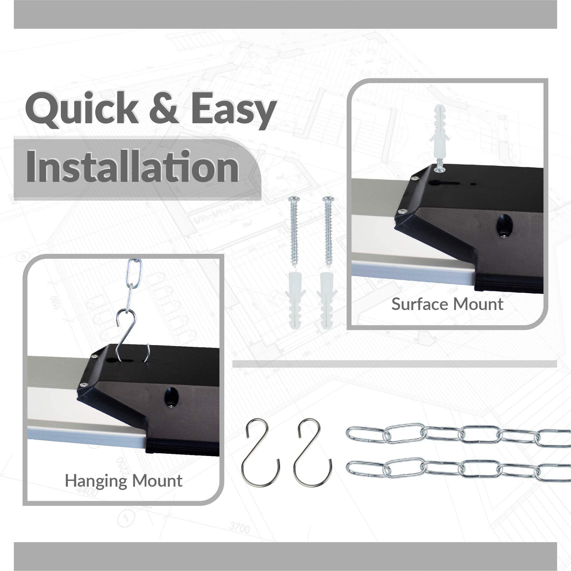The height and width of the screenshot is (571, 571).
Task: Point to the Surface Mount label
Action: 447,304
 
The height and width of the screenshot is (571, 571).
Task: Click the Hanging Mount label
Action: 124,481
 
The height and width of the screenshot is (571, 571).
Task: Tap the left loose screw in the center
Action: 294,231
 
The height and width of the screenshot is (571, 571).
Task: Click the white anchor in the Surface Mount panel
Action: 440,132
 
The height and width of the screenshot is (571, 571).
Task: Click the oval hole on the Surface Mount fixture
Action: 505,226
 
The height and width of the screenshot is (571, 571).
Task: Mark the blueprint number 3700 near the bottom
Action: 239,526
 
